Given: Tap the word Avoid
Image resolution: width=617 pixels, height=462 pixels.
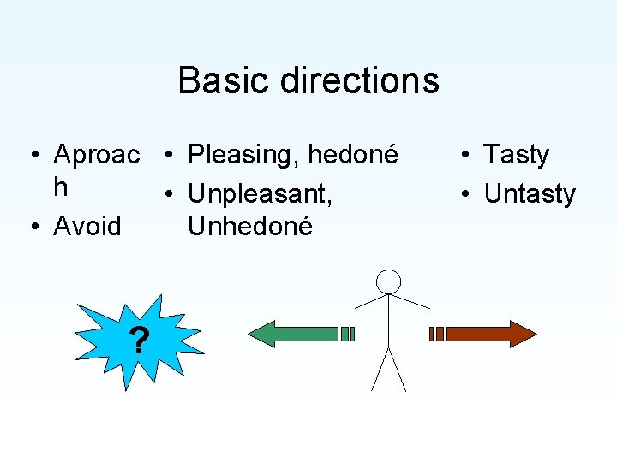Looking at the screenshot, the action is pyautogui.click(x=87, y=227).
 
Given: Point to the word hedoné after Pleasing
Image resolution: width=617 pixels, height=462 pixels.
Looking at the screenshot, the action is pyautogui.click(x=353, y=155).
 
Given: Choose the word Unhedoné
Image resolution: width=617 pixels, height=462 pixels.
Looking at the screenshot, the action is pyautogui.click(x=250, y=227).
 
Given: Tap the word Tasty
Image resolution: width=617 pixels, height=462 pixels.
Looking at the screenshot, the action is pyautogui.click(x=516, y=155).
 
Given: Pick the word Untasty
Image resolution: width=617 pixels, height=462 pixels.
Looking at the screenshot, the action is pyautogui.click(x=530, y=194).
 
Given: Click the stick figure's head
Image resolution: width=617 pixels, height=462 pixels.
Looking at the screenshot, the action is pyautogui.click(x=389, y=281).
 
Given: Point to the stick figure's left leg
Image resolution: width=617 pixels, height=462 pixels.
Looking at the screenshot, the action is pyautogui.click(x=380, y=370).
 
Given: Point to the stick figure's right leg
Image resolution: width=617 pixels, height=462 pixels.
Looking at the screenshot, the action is pyautogui.click(x=398, y=370).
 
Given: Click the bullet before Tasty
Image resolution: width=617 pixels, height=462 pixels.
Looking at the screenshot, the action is pyautogui.click(x=463, y=155).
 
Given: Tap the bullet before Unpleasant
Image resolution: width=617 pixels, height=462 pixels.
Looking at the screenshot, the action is pyautogui.click(x=172, y=194).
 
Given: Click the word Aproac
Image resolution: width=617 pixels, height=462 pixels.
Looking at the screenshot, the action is pyautogui.click(x=96, y=155).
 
